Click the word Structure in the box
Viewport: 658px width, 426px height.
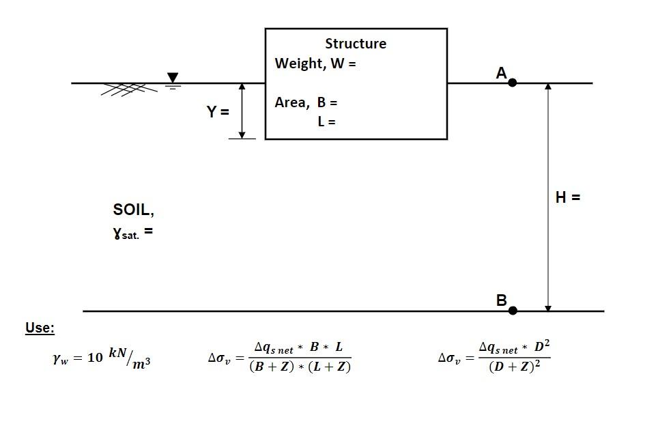point(355,44)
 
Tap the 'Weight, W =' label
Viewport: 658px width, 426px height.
point(315,63)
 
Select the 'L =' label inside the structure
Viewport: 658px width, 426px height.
point(326,122)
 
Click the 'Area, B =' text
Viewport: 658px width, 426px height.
point(306,102)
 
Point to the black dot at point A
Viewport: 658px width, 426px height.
point(513,83)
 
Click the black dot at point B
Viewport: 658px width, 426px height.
point(513,311)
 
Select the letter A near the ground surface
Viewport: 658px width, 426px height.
point(501,73)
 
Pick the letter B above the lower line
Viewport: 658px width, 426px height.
point(501,300)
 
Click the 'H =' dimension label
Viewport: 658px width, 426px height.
point(567,197)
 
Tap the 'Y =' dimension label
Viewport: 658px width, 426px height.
point(218,112)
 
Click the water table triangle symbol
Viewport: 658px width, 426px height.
point(173,78)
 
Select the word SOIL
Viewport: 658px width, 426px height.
point(134,210)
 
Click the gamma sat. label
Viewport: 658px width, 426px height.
point(132,233)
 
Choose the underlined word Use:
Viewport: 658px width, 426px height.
point(40,328)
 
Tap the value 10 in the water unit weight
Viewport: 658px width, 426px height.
point(95,358)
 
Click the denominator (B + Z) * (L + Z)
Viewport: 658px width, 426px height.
point(300,367)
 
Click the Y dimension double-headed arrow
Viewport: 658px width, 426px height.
point(242,111)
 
